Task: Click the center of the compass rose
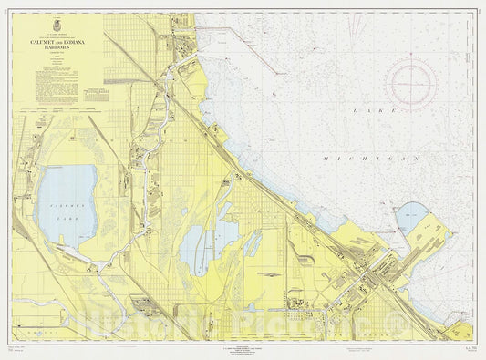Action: tap(410, 85)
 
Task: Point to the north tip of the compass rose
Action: tap(410, 57)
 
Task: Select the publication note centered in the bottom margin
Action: tap(243, 347)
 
